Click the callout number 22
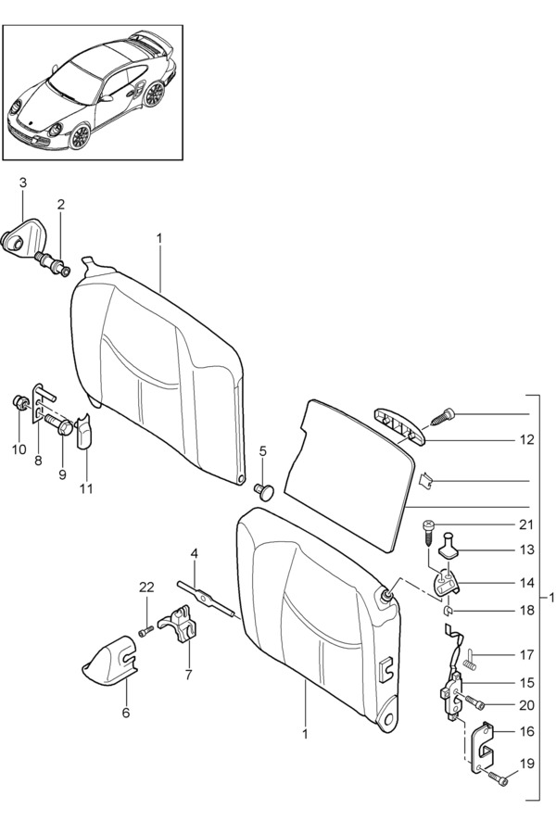click(146, 588)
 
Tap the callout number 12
click(526, 440)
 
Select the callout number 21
click(525, 524)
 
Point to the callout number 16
click(526, 732)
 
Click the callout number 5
click(263, 451)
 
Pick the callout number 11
click(85, 487)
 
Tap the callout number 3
click(23, 183)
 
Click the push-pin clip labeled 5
click(263, 490)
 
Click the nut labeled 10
click(20, 404)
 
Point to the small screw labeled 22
click(146, 631)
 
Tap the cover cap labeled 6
click(109, 660)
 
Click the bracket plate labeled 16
click(484, 749)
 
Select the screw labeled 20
click(474, 702)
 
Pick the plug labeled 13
click(450, 546)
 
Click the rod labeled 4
click(207, 600)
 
